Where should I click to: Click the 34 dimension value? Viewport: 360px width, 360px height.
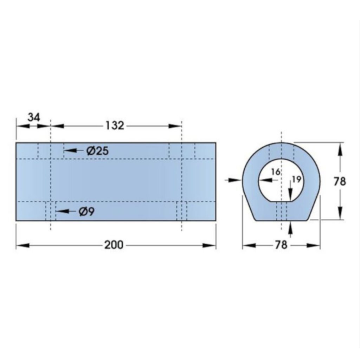coord(34,117)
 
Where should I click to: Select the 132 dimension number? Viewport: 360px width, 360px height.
coord(115,126)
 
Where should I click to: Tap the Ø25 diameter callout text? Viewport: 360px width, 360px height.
coord(97,151)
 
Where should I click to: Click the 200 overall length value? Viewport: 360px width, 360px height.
coord(114,245)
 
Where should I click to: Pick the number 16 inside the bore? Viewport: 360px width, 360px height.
coord(276,172)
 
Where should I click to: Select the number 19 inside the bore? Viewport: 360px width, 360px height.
coord(296,179)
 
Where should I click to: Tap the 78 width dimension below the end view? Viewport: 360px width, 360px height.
coord(281,245)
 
